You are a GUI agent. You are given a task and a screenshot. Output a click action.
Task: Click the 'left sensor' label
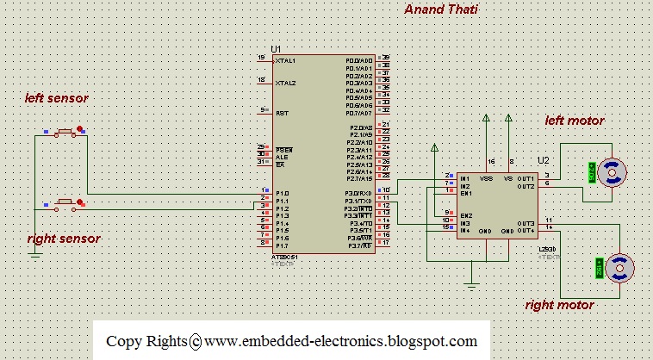pyautogui.click(x=57, y=99)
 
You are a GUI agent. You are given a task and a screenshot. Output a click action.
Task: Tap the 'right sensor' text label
pyautogui.click(x=64, y=238)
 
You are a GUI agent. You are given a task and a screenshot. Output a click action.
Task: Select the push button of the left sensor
pyautogui.click(x=63, y=132)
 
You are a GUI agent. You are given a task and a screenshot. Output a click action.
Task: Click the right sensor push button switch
pyautogui.click(x=63, y=204)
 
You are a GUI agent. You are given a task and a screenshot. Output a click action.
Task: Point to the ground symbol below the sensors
pyautogui.click(x=34, y=252)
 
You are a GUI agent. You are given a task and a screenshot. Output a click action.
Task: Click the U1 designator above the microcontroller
pyautogui.click(x=276, y=49)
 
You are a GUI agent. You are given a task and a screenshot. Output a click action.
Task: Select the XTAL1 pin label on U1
pyautogui.click(x=285, y=61)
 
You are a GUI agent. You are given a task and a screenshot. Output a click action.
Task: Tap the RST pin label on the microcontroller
pyautogui.click(x=281, y=113)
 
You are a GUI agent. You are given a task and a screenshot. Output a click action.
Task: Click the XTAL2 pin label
pyautogui.click(x=285, y=84)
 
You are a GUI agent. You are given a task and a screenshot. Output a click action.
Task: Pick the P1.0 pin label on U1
pyautogui.click(x=283, y=193)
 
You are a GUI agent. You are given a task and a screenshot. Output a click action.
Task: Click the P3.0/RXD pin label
pyautogui.click(x=358, y=193)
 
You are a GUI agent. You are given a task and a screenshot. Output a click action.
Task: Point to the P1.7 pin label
pyautogui.click(x=283, y=245)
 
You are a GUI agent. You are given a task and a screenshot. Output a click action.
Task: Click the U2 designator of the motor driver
pyautogui.click(x=543, y=160)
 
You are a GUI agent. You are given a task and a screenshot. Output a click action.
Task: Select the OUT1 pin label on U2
pyautogui.click(x=526, y=178)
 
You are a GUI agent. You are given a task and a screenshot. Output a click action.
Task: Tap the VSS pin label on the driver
pyautogui.click(x=486, y=178)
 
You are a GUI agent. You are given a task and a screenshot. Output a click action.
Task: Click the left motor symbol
pyautogui.click(x=613, y=172)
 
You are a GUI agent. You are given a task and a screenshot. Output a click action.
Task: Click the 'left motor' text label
pyautogui.click(x=575, y=121)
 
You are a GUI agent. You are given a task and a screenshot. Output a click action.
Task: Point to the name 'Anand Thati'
pyautogui.click(x=441, y=9)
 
